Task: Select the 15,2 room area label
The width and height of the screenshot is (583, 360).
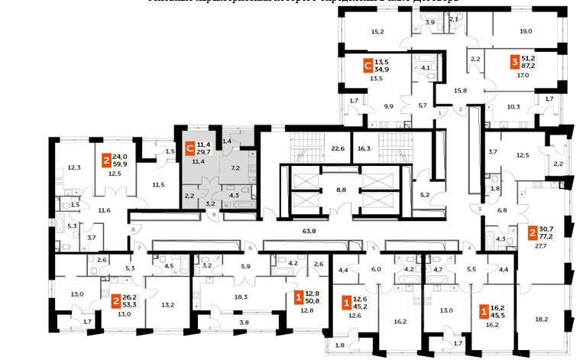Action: (x=377, y=31)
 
